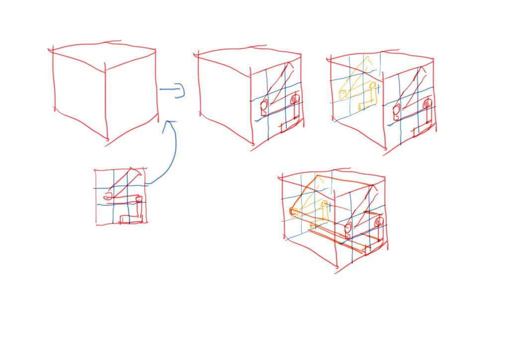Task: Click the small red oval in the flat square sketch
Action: click(x=107, y=198)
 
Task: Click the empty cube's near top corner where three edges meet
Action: click(x=105, y=71)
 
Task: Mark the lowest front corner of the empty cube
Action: click(x=107, y=140)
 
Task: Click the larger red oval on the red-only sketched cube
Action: click(x=264, y=106)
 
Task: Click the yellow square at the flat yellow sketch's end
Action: click(x=343, y=93)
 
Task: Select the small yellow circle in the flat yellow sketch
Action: click(x=372, y=86)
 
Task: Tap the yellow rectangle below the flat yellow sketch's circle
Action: click(x=368, y=102)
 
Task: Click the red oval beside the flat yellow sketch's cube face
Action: click(x=396, y=110)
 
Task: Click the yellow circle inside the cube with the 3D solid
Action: click(x=325, y=204)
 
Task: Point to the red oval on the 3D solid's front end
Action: click(x=348, y=229)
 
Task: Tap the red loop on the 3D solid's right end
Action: click(x=379, y=222)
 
